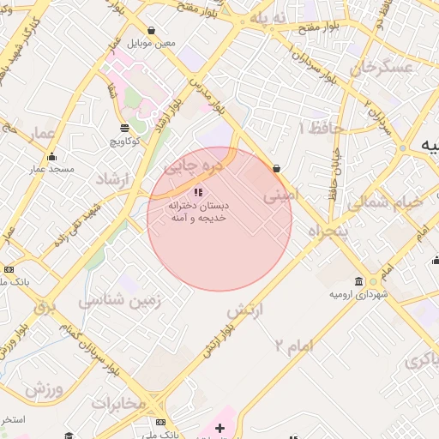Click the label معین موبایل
click(152, 43)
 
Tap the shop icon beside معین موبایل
click(152, 30)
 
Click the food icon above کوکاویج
click(126, 128)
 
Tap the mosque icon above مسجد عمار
click(52, 156)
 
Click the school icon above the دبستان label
click(199, 193)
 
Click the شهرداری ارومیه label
click(359, 294)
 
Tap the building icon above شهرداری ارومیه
click(358, 282)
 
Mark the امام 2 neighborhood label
click(294, 346)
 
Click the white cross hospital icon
click(219, 427)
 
